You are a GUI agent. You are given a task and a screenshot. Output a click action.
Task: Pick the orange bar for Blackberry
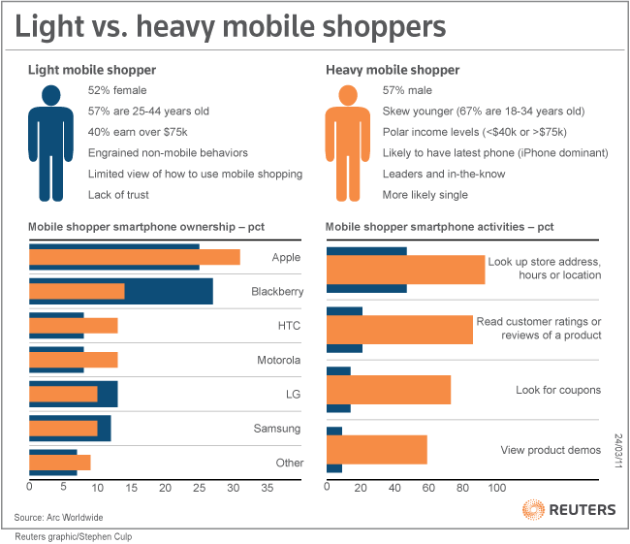pos(77,291)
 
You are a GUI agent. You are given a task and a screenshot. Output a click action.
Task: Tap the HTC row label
pos(289,326)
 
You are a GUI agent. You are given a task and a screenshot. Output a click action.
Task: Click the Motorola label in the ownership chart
pos(279,360)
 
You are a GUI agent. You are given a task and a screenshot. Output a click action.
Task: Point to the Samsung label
pos(278,429)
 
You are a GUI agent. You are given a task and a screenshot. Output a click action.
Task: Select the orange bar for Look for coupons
pos(388,390)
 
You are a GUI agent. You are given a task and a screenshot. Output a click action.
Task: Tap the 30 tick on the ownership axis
pos(233,487)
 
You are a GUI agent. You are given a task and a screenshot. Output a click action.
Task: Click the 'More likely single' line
pos(425,195)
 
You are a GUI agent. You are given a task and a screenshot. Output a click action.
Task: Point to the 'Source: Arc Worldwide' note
pos(59,517)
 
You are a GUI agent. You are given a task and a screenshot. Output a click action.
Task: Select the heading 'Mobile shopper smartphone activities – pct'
pos(439,227)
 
